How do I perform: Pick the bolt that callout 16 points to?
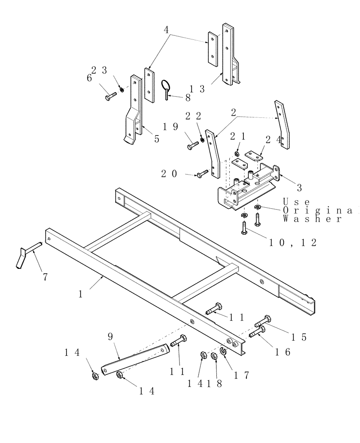click(257, 332)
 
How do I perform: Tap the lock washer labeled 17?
click(223, 352)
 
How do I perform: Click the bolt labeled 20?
click(202, 174)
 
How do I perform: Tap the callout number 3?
click(299, 188)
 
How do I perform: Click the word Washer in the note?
click(313, 219)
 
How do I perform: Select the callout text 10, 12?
click(293, 243)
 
